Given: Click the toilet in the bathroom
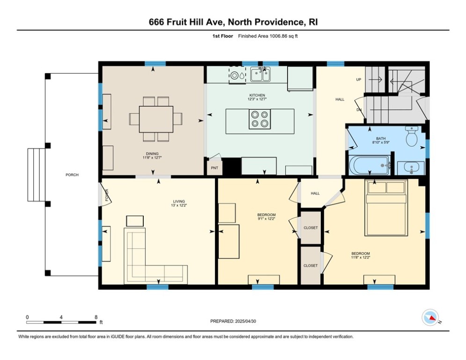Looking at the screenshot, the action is [x=412, y=136].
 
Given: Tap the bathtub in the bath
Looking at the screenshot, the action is [x=370, y=165].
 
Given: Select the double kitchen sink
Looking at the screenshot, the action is [x=260, y=74].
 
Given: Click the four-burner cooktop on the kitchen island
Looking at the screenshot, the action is [x=260, y=119].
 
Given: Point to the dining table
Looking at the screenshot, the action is [x=156, y=119].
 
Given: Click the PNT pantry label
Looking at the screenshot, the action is [x=215, y=168].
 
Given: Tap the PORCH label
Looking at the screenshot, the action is [x=72, y=175].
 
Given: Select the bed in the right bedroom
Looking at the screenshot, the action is [x=386, y=208].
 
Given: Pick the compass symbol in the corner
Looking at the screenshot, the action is [x=430, y=318].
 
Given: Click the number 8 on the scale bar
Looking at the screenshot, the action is [x=96, y=317].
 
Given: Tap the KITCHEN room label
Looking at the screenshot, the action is [x=257, y=95].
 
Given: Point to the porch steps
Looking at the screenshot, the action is [x=36, y=175].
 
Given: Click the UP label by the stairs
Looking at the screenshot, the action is [x=359, y=79].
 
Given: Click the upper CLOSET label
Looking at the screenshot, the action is [x=311, y=228].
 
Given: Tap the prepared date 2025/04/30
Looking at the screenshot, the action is [x=245, y=321].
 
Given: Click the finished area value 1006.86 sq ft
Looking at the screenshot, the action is [x=283, y=36].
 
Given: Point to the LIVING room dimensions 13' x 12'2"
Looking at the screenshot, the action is [x=179, y=205].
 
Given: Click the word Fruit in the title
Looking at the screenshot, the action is [x=177, y=22].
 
